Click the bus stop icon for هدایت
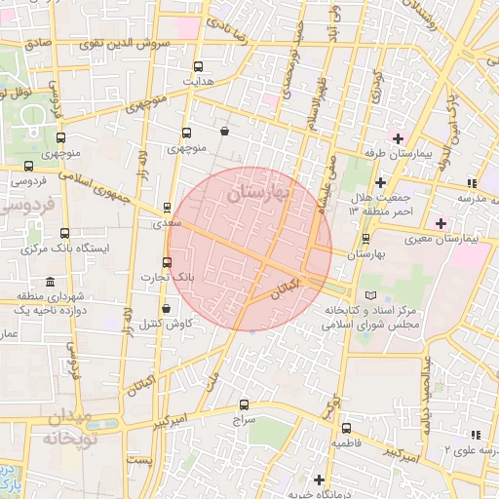(x=199, y=67)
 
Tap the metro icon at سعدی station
(x=167, y=208)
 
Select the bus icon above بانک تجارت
(x=167, y=262)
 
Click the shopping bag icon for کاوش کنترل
(x=165, y=308)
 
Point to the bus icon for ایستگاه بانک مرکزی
(x=65, y=234)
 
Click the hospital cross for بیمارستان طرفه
(x=397, y=137)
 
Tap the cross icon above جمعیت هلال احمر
(x=380, y=183)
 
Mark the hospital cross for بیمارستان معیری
(x=441, y=223)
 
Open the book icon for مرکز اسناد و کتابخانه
(x=368, y=295)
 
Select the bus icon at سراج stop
(x=244, y=404)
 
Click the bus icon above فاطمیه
(x=346, y=428)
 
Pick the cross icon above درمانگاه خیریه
(x=319, y=479)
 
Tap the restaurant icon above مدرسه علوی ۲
(x=475, y=435)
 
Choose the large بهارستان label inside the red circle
(x=256, y=193)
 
